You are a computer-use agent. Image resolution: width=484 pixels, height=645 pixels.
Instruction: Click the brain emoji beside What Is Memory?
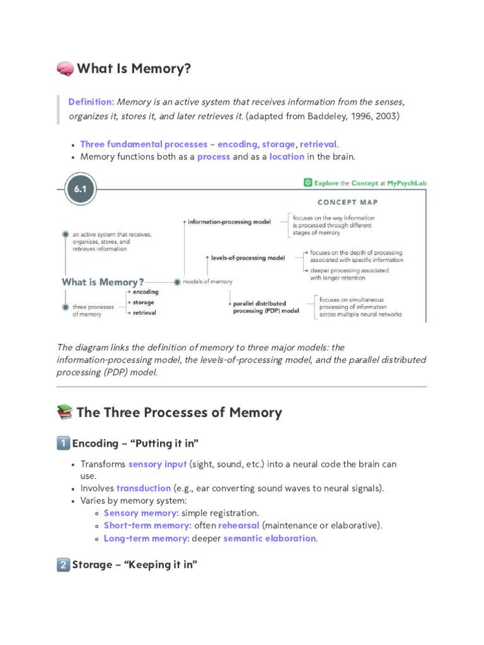(65, 69)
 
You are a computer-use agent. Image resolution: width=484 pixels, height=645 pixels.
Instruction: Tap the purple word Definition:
(91, 101)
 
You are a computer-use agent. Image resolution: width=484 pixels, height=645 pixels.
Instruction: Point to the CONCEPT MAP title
(347, 203)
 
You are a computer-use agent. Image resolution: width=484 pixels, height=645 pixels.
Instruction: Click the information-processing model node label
(229, 222)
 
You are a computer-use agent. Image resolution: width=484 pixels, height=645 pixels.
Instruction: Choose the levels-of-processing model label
(248, 258)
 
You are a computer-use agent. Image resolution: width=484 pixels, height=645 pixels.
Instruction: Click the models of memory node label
(207, 282)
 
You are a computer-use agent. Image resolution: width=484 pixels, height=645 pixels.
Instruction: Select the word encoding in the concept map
(146, 292)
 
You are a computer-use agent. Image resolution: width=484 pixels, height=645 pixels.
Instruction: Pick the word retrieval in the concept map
(144, 312)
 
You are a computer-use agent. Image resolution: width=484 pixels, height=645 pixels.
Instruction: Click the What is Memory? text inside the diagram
(103, 282)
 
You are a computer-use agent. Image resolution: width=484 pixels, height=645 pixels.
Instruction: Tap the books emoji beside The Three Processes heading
(64, 413)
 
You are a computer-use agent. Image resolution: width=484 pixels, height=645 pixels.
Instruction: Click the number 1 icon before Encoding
(63, 443)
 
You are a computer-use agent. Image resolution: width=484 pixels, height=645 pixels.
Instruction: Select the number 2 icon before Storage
(63, 565)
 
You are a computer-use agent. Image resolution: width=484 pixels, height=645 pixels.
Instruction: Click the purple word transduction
(144, 488)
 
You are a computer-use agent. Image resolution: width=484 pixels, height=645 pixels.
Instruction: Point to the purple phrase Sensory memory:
(141, 513)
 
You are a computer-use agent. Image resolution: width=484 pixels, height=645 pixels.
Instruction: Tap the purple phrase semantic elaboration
(269, 539)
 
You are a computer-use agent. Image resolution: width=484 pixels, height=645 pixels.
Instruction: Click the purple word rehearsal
(239, 526)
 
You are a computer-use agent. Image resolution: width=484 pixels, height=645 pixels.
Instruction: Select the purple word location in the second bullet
(287, 157)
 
